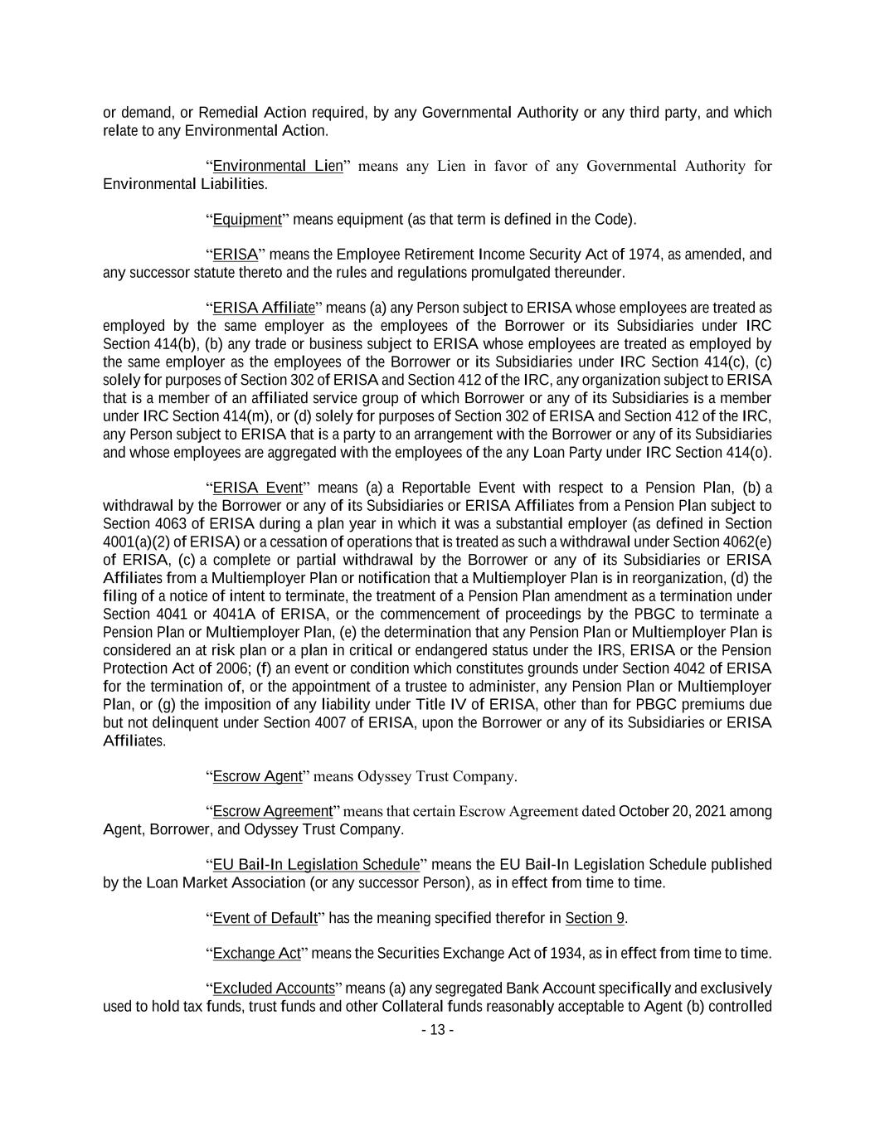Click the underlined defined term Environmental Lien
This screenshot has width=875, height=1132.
278,166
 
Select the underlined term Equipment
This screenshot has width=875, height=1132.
247,220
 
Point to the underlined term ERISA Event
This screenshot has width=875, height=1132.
257,488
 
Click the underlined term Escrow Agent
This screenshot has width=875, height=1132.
257,776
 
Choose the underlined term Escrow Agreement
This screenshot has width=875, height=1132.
272,811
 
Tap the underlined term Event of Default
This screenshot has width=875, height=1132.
265,918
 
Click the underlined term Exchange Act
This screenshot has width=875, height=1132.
256,954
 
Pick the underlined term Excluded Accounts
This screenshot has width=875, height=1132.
273,989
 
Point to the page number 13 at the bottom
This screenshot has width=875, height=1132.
437,1030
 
